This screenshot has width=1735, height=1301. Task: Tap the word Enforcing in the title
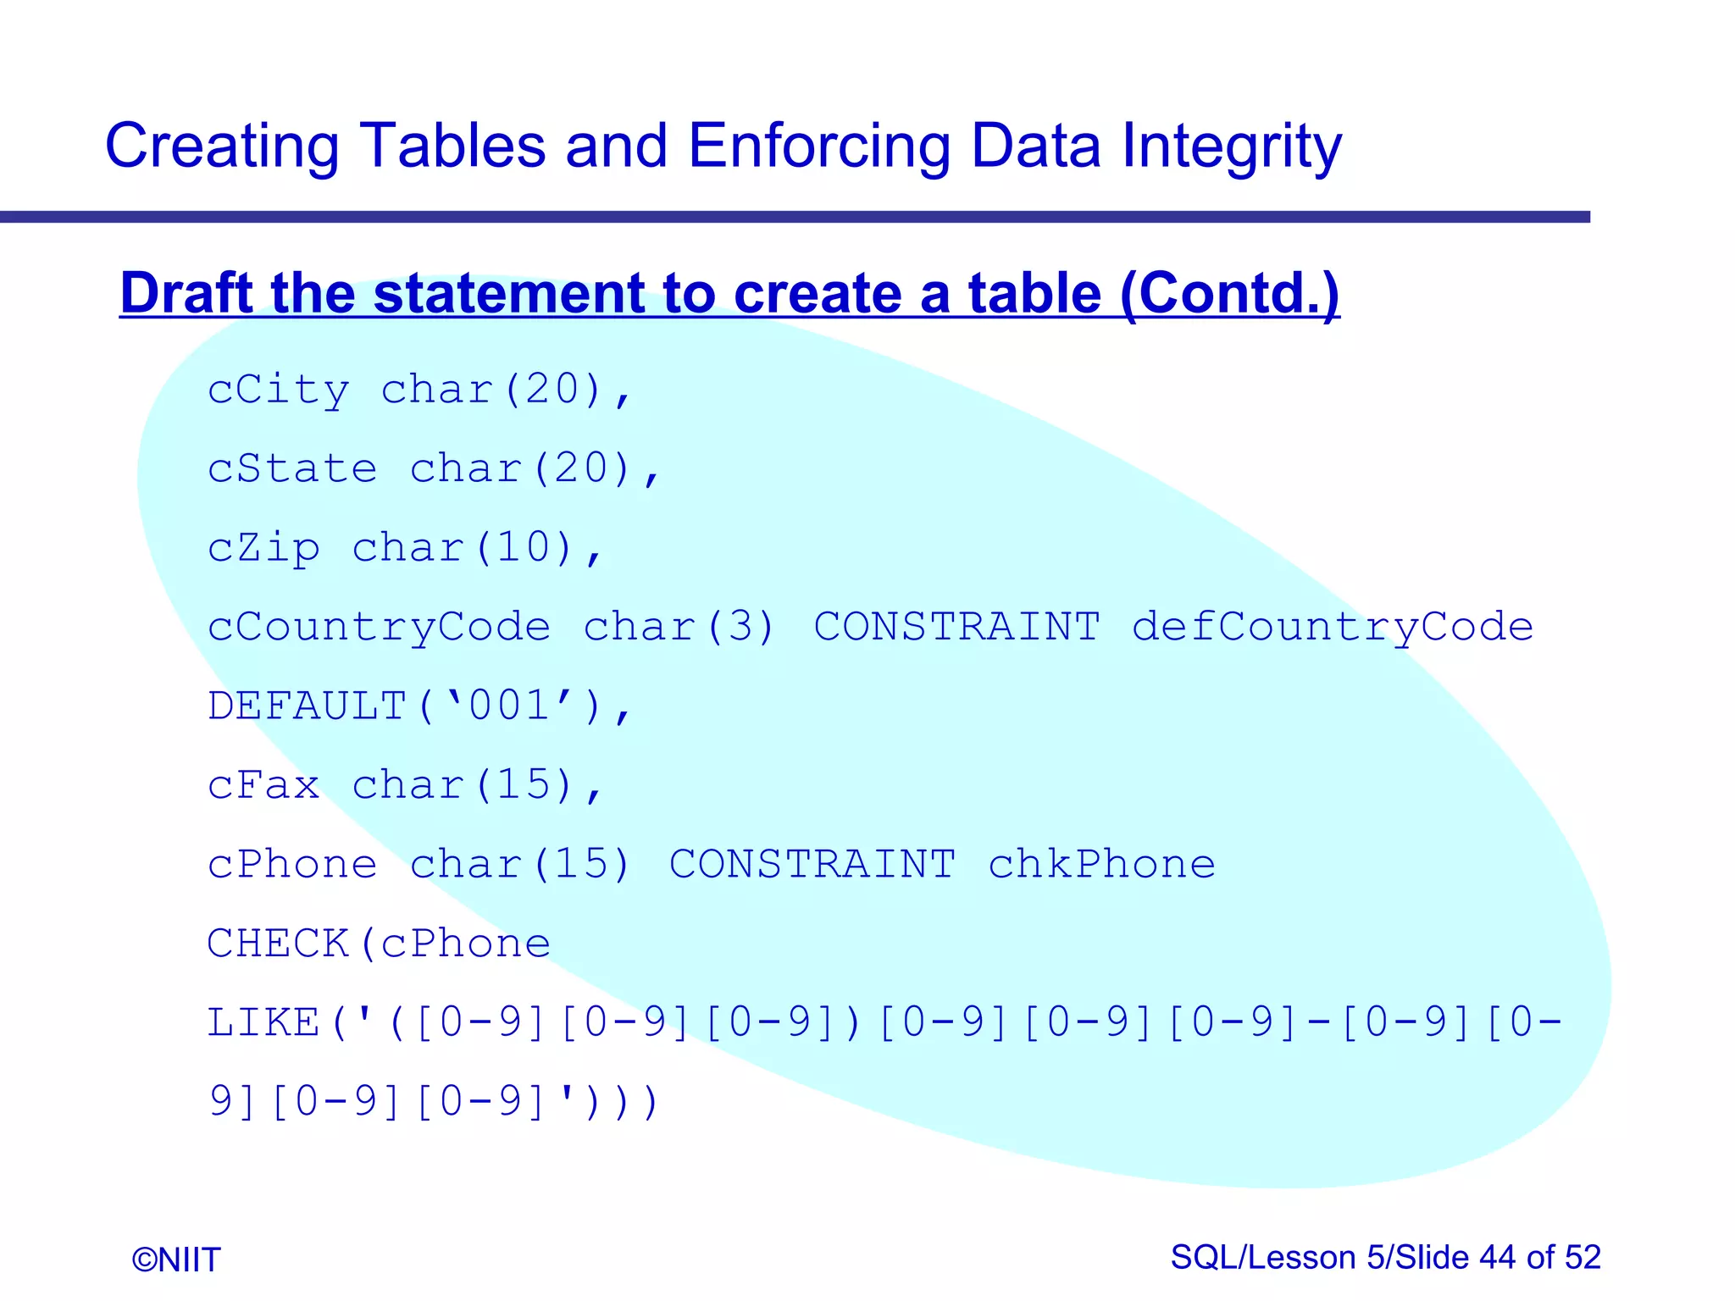[x=818, y=146]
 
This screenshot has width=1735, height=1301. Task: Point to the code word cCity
[x=279, y=390]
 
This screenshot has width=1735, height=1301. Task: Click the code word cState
[x=292, y=469]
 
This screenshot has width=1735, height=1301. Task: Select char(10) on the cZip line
[x=463, y=548]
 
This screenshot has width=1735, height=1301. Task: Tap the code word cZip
[x=264, y=548]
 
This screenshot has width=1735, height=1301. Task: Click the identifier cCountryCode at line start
[x=380, y=628]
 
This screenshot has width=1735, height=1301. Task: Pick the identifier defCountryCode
[x=1332, y=628]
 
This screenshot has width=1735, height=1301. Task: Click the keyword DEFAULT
[x=308, y=706]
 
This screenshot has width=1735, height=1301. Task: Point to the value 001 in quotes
[x=508, y=706]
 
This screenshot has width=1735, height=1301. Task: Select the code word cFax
[x=264, y=785]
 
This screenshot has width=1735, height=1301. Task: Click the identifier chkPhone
[x=1101, y=865]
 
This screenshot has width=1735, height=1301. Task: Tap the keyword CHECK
[x=279, y=944]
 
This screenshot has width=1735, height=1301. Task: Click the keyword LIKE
[x=264, y=1022]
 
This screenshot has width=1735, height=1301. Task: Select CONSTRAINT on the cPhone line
[x=812, y=865]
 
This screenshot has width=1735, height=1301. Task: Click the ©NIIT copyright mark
[x=176, y=1259]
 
